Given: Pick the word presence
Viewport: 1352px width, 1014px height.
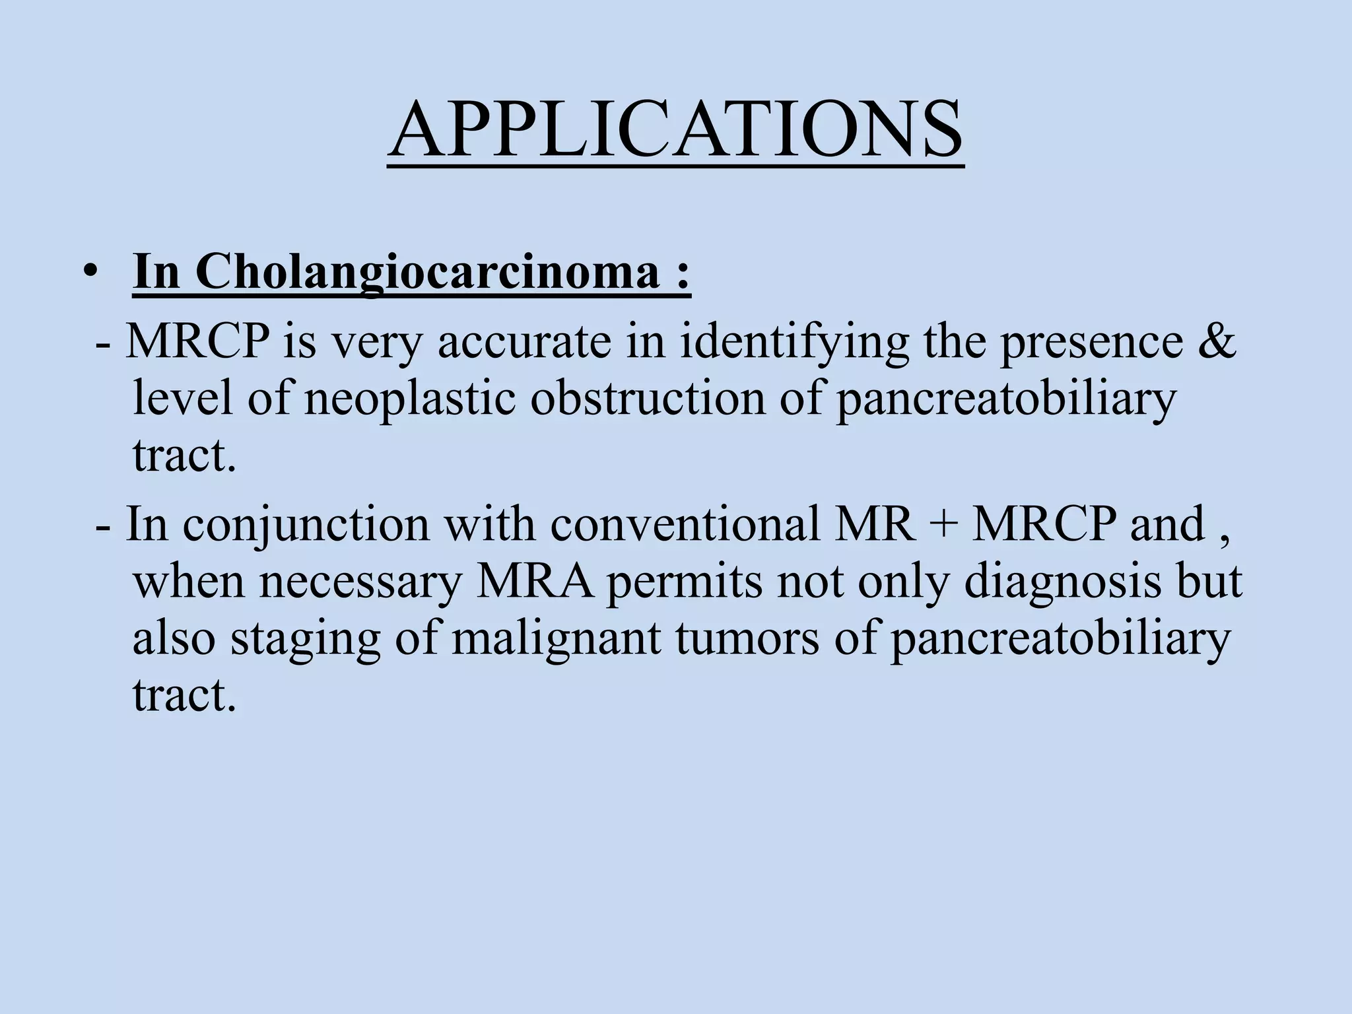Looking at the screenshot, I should [1092, 343].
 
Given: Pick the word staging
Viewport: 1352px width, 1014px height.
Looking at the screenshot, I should [306, 639].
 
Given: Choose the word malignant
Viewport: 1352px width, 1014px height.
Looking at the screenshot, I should [556, 639].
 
